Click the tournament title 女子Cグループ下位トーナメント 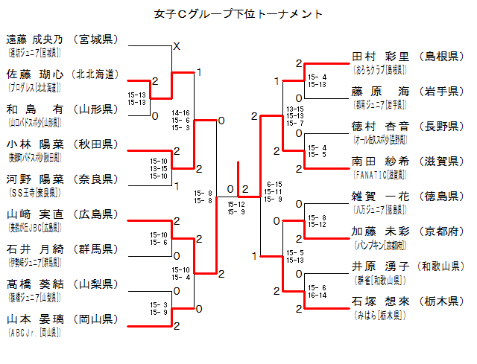[x=238, y=13]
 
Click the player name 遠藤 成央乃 [x=35, y=39]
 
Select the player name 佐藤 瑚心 [x=35, y=74]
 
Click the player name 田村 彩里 [x=381, y=57]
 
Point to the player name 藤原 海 [x=381, y=92]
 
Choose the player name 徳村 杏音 [x=381, y=127]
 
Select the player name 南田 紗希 [x=381, y=162]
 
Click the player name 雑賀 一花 [x=381, y=197]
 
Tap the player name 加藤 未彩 [x=381, y=232]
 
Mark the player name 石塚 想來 [x=381, y=301]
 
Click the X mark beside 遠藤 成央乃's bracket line [x=177, y=47]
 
